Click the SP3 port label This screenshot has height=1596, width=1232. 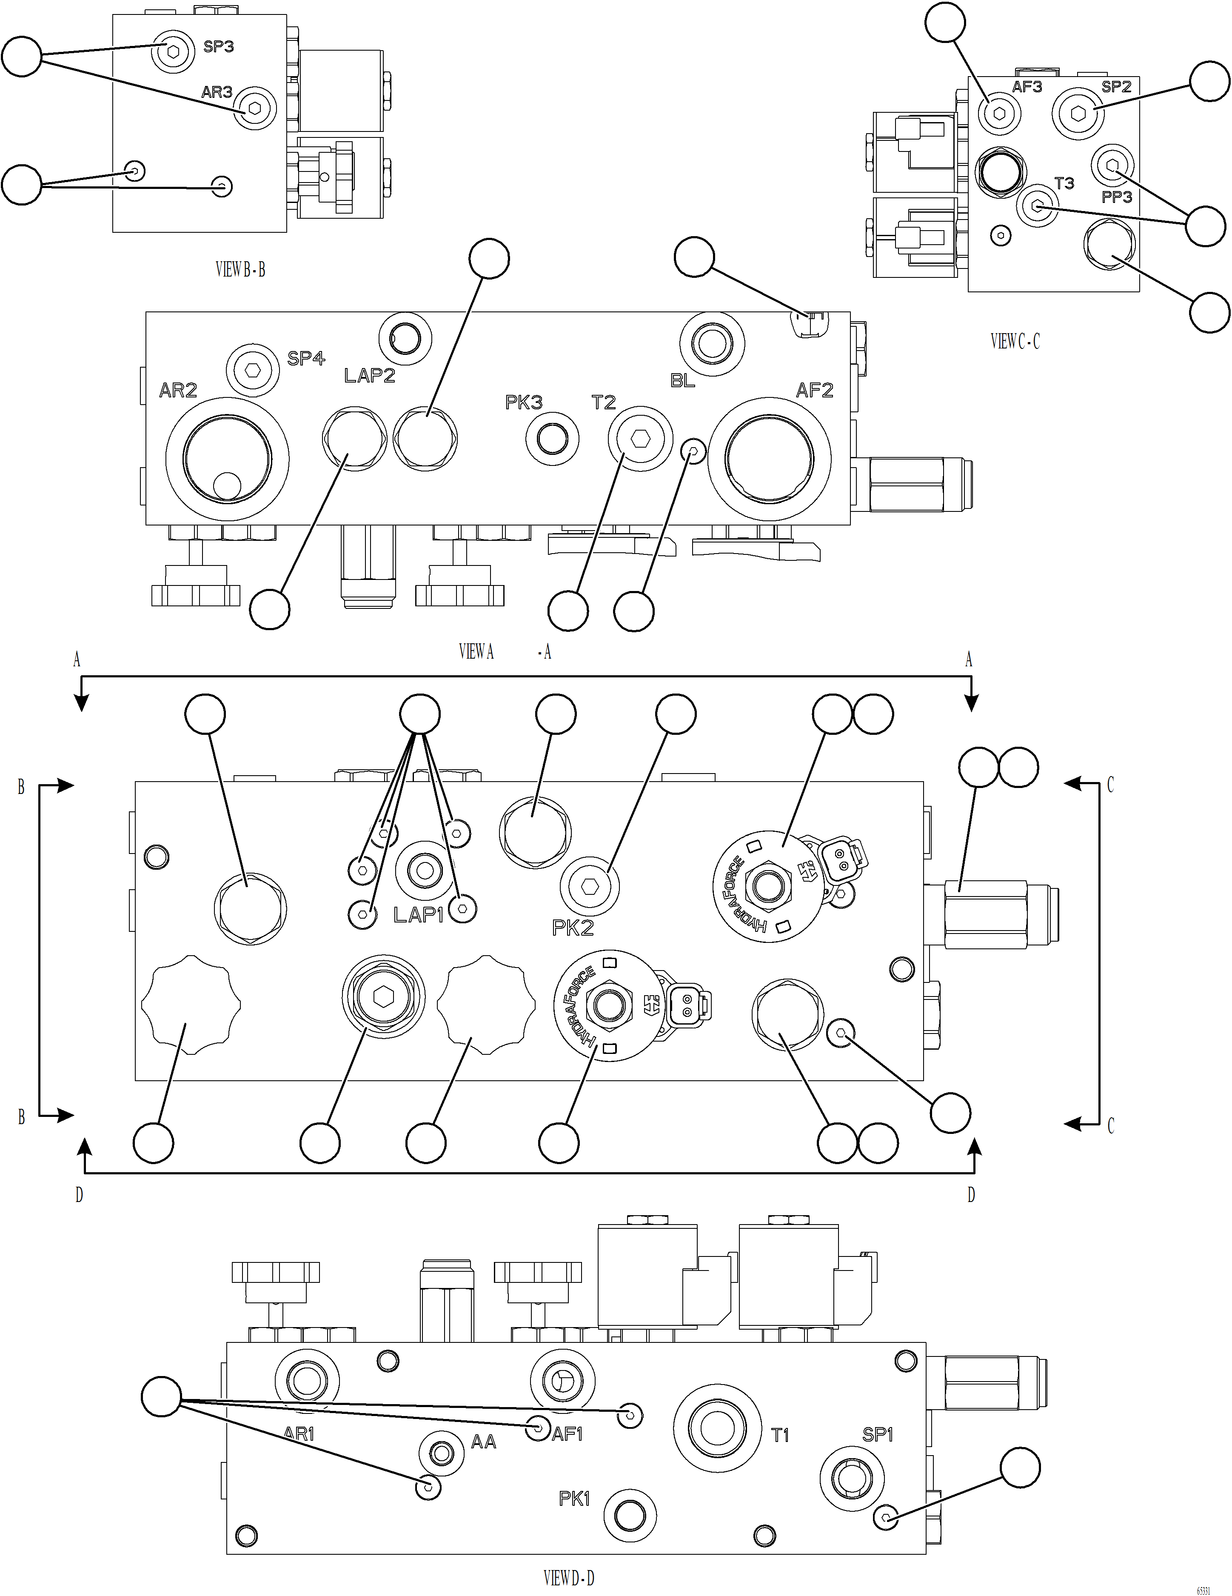click(219, 47)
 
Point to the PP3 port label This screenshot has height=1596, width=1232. click(1117, 197)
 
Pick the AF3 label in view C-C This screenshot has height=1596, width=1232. click(1027, 87)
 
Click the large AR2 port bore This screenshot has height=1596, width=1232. click(227, 460)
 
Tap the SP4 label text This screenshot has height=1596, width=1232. click(305, 358)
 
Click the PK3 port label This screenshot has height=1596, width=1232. click(524, 402)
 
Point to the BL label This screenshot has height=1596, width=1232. click(682, 381)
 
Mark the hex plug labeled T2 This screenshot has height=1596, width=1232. click(640, 438)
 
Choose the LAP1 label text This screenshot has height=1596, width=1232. click(418, 915)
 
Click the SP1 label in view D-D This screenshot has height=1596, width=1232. click(878, 1434)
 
